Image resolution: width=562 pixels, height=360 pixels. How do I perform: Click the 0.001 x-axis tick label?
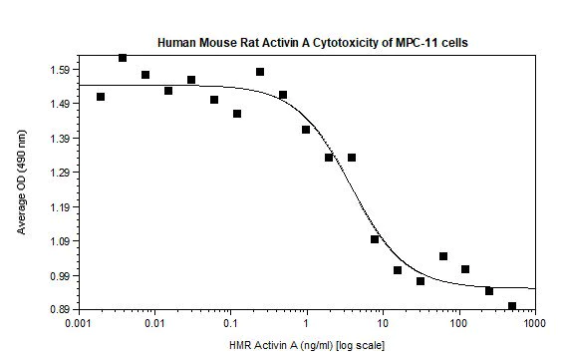tap(78, 325)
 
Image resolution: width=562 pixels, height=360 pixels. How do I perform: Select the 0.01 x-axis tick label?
tap(153, 325)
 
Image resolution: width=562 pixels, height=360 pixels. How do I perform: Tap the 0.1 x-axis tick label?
tap(230, 325)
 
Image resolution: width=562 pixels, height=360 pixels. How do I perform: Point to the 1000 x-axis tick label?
tap(534, 325)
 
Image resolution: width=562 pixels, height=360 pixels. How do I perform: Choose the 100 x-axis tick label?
tap(458, 325)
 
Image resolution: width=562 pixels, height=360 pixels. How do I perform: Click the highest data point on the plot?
tap(123, 58)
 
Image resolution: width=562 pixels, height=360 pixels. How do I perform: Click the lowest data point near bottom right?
tap(512, 306)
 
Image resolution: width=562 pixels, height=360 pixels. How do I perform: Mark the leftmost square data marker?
tap(101, 97)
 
